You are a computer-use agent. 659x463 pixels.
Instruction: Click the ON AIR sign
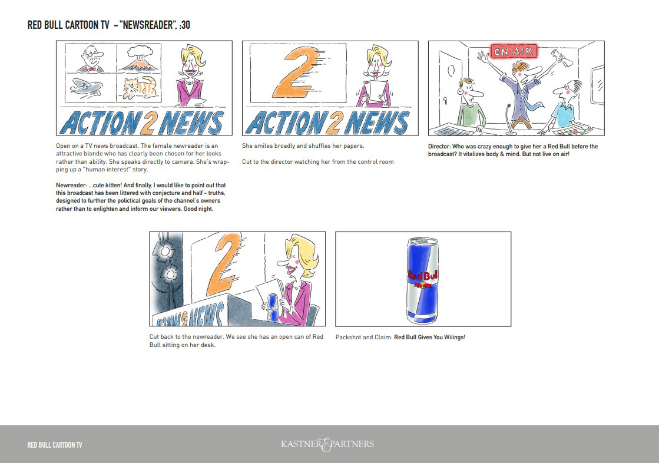[x=514, y=51]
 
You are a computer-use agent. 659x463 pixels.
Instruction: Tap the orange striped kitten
[x=140, y=87]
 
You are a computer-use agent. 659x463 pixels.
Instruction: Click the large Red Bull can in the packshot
[x=422, y=280]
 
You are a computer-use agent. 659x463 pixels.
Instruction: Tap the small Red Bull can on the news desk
[x=273, y=307]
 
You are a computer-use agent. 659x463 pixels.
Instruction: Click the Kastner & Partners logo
[x=327, y=444]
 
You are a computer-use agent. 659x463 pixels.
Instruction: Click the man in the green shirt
[x=471, y=103]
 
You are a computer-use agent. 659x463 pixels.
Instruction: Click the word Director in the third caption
[x=439, y=146]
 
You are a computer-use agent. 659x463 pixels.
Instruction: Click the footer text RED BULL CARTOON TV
[x=55, y=445]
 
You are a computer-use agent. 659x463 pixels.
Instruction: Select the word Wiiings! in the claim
[x=454, y=338]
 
